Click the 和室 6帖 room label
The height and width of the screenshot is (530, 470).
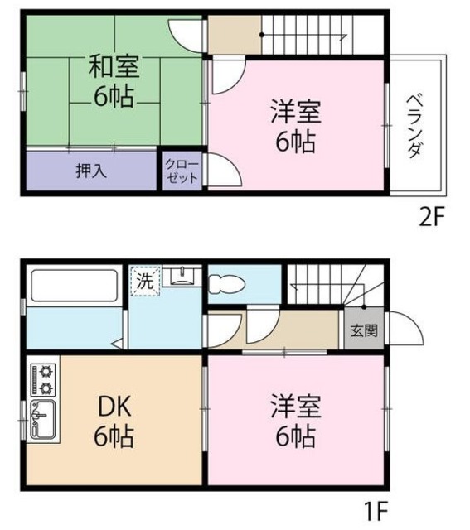pyautogui.click(x=114, y=81)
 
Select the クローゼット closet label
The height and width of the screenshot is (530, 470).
pyautogui.click(x=182, y=171)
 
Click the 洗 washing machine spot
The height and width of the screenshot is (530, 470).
pyautogui.click(x=144, y=280)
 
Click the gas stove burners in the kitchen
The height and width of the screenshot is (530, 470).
pyautogui.click(x=43, y=378)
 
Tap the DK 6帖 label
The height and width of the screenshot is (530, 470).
pyautogui.click(x=114, y=421)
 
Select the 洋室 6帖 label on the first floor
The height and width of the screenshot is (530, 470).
pyautogui.click(x=294, y=421)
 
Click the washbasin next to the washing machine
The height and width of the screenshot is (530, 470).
pyautogui.click(x=177, y=276)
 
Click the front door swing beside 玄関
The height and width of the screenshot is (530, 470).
pyautogui.click(x=400, y=330)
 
